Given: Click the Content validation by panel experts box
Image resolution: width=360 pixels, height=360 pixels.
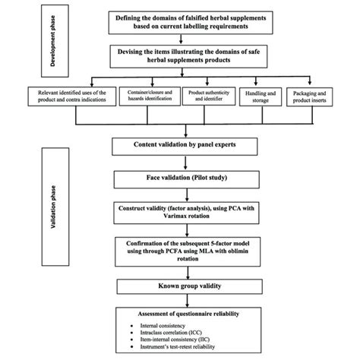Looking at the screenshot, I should (x=185, y=144).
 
